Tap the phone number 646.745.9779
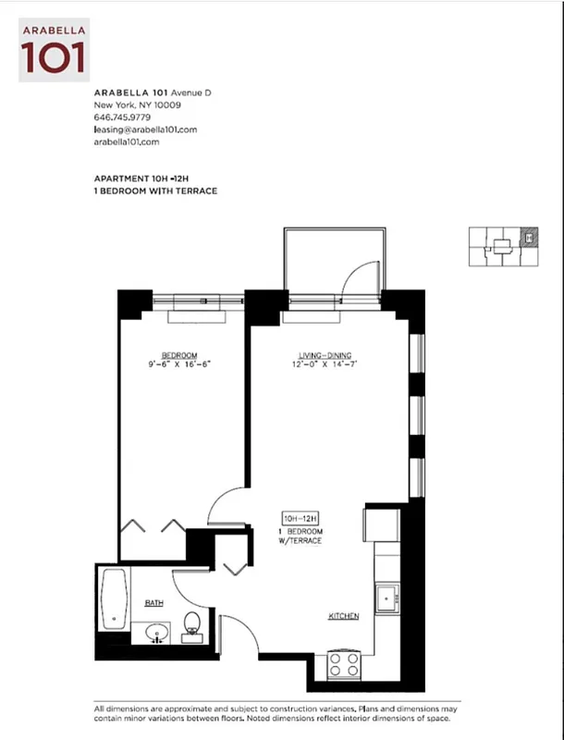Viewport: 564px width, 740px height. click(x=124, y=117)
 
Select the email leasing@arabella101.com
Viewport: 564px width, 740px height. click(x=145, y=129)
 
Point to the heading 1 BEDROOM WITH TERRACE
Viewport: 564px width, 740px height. click(x=155, y=191)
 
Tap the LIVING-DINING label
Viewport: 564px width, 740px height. click(x=325, y=355)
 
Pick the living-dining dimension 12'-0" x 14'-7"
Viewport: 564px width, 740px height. click(x=325, y=365)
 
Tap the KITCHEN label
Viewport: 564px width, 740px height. click(x=343, y=616)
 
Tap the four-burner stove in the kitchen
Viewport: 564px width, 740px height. click(x=344, y=664)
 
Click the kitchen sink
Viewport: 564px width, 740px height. click(x=386, y=598)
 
